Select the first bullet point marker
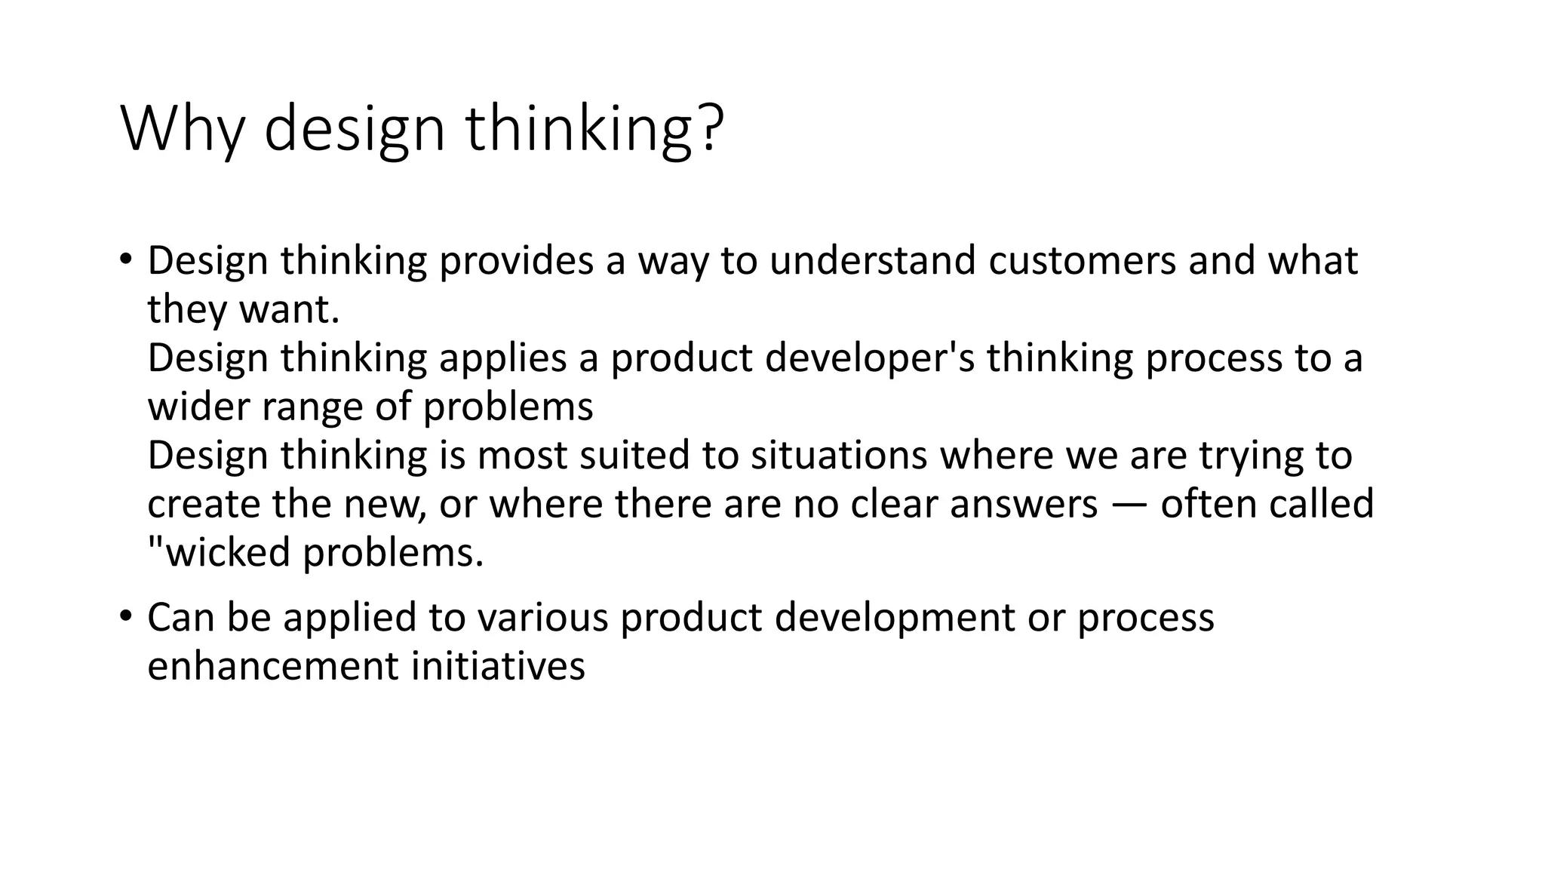[125, 259]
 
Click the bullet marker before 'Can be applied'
[125, 616]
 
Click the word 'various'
[542, 617]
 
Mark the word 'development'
[895, 618]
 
